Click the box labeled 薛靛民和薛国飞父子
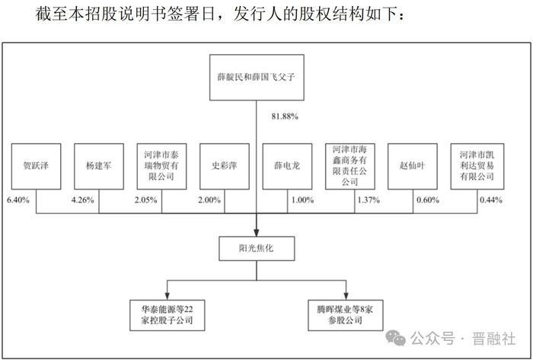257,78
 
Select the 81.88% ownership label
285,116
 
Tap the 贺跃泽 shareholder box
36,167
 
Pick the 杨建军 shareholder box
99,167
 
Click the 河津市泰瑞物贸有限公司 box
161,167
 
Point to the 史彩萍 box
225,167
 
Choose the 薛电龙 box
287,167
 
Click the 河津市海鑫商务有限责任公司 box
350,167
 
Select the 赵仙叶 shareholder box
413,167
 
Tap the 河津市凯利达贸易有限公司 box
477,167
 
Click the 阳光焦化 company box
257,249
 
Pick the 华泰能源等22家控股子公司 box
168,315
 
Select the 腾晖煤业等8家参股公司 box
346,315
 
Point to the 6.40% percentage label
18,200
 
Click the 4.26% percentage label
82,200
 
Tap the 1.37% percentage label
369,200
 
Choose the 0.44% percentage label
491,200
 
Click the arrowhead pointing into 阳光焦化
257,233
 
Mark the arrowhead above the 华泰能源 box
168,296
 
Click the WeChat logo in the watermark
396,338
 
